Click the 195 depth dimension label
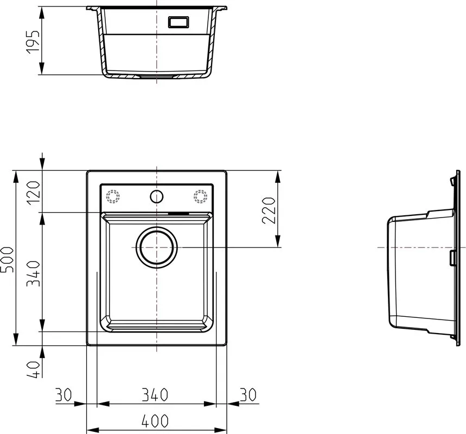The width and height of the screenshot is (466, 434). point(33,42)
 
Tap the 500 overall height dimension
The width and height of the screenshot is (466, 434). point(7,259)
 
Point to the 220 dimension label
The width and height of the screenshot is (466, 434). point(269,210)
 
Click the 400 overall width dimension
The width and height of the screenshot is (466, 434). point(155,421)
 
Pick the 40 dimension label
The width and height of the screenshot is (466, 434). point(33,369)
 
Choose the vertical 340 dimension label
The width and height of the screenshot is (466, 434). point(33,273)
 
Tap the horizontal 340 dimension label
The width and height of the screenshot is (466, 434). point(155,395)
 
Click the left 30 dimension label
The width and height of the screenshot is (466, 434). point(63,395)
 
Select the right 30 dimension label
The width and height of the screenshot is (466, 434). point(248,395)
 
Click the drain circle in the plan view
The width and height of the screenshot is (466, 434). point(157,247)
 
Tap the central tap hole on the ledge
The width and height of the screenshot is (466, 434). point(157,197)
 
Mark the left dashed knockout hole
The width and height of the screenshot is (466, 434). point(113,197)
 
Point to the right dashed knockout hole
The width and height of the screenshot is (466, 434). point(200,197)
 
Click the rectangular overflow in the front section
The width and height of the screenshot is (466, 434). point(178,22)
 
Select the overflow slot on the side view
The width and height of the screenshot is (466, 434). point(453,258)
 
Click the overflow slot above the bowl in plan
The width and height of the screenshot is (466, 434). point(178,213)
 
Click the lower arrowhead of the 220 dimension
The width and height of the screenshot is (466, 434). point(278,241)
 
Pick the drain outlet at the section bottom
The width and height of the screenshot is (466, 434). point(157,76)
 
